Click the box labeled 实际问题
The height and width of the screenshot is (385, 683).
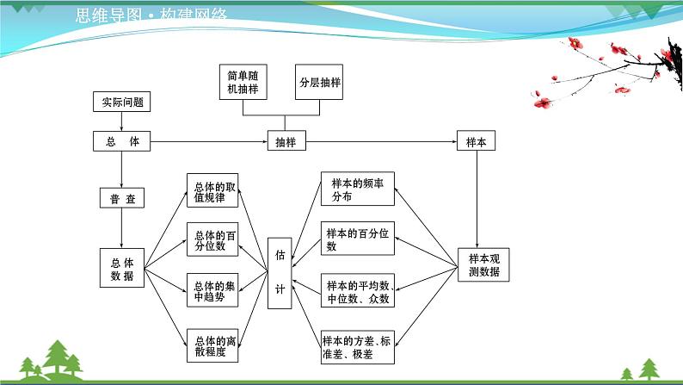tap(122, 102)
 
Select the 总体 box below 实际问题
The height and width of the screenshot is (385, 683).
tap(122, 142)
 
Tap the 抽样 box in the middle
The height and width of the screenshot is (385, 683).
tap(285, 142)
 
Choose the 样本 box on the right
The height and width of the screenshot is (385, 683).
tap(476, 142)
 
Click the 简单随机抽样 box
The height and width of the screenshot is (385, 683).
tap(242, 83)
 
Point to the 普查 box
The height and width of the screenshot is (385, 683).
tap(121, 199)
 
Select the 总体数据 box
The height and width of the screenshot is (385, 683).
tap(122, 269)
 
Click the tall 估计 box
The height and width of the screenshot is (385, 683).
tap(280, 273)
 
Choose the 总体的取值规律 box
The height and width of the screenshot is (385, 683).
tap(212, 191)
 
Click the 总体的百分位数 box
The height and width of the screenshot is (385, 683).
tap(212, 240)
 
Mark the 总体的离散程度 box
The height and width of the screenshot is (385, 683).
tap(212, 345)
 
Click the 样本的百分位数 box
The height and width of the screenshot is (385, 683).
tap(358, 240)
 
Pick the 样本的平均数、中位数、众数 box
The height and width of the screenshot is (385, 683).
tap(358, 292)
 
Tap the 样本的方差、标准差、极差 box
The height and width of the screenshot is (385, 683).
tap(358, 345)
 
